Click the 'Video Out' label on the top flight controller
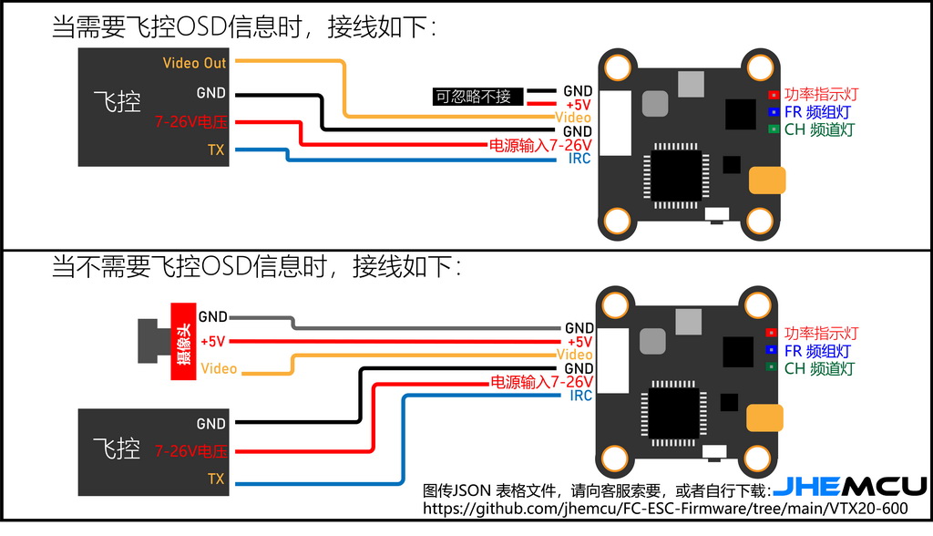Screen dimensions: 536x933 click(194, 63)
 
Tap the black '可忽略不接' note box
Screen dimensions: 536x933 click(474, 97)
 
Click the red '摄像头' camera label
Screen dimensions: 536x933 click(183, 341)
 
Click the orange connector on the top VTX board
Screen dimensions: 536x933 click(766, 180)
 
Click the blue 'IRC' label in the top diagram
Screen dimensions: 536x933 click(579, 159)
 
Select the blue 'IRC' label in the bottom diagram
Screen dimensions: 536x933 click(580, 396)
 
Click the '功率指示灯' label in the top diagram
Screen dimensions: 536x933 click(821, 94)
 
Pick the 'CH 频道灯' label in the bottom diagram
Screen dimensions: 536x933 click(819, 368)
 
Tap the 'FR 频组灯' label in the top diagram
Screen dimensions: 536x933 click(818, 112)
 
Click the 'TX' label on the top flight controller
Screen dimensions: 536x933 click(216, 150)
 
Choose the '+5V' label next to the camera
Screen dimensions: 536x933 click(212, 341)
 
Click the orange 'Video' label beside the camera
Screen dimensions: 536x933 click(219, 368)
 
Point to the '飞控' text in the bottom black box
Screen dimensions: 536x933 click(118, 448)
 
